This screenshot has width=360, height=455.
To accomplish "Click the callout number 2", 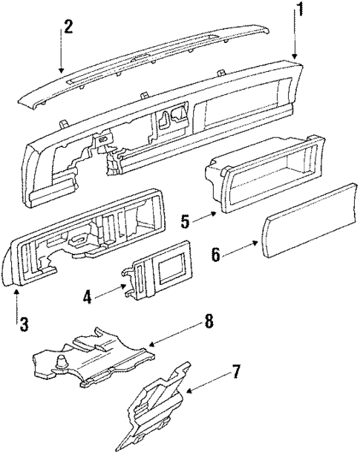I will coord(68,27).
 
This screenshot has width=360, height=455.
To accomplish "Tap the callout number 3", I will coord(24,324).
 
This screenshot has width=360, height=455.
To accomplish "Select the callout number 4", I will coord(87,298).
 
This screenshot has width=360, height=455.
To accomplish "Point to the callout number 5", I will coord(186,220).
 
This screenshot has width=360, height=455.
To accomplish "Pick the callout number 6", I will coord(216,255).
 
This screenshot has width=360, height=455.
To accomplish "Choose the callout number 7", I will coord(236,371).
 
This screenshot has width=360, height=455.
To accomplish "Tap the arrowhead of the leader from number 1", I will coord(295,59).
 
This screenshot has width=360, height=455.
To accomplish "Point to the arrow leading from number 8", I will coord(151,344).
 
